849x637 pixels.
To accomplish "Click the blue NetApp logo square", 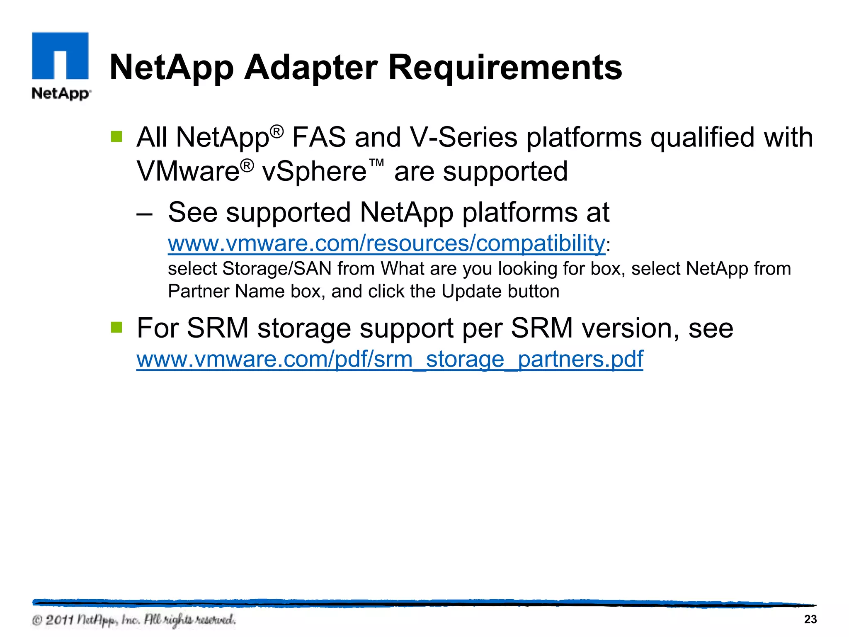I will coord(60,56).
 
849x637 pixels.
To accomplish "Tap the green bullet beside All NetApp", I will coord(117,136).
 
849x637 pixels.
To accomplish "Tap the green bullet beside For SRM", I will coord(117,328).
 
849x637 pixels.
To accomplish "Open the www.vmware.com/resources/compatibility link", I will coord(386,243).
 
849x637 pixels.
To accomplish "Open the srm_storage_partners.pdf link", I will coord(390,359).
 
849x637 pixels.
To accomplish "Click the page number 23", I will coord(810,620).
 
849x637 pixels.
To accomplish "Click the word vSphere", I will coord(314,171).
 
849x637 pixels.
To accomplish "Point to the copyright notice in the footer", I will coord(134,620).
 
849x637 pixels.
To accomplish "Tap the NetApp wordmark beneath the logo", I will coord(61,93).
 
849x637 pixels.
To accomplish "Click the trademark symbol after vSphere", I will coord(376,163).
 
